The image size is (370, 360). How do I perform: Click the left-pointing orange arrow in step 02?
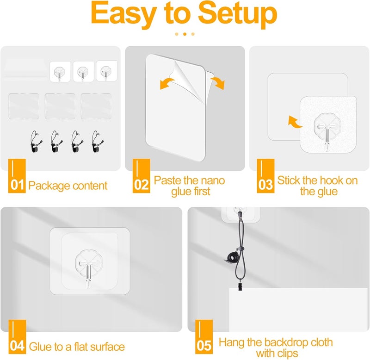166,83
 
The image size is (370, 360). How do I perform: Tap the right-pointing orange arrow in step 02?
217,83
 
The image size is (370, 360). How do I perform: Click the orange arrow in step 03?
294,122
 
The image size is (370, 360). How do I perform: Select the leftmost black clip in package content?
36,142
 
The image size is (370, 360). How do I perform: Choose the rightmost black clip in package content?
97,142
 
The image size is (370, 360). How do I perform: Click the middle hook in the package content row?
83,72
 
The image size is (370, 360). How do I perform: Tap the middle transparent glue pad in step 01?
60,106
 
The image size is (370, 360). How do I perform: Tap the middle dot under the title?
185,34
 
